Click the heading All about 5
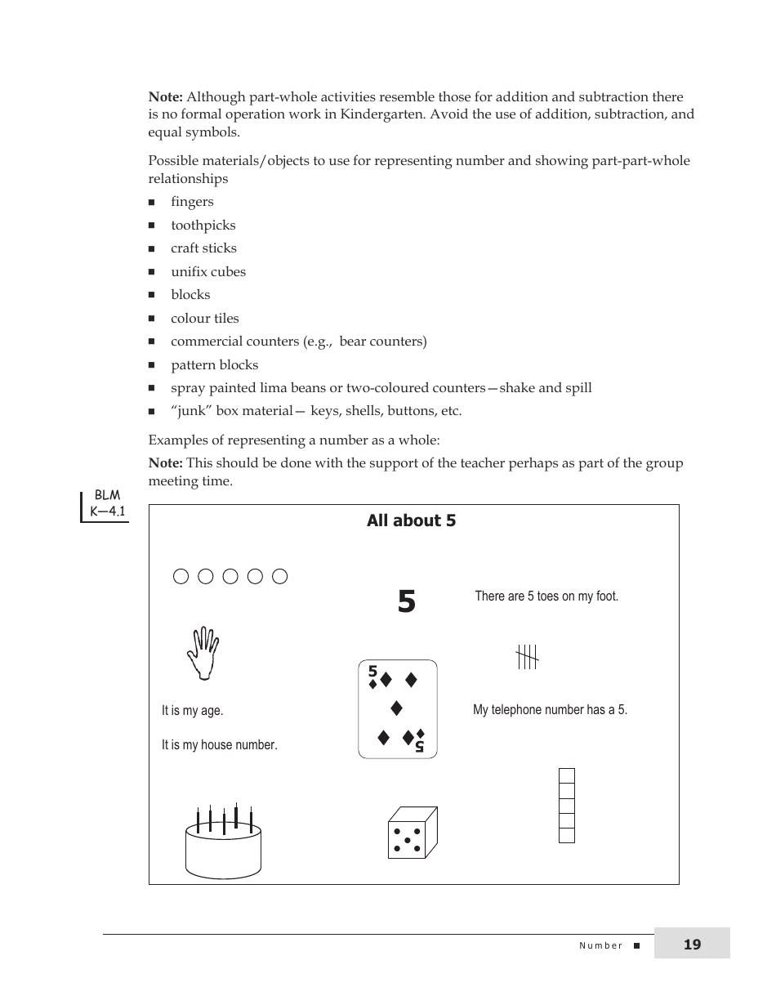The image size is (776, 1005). (x=411, y=521)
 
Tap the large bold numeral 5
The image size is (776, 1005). (x=407, y=603)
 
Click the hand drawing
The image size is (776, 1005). (x=203, y=653)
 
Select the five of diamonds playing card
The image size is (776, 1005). (x=398, y=709)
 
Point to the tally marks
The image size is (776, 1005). (x=528, y=656)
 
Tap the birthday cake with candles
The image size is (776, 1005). (x=223, y=846)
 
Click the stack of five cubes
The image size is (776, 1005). (x=566, y=806)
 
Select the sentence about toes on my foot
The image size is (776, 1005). (x=546, y=596)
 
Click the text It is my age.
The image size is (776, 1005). (x=193, y=711)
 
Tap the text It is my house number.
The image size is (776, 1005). (x=220, y=745)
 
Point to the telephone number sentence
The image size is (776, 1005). (x=550, y=710)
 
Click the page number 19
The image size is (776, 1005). (x=692, y=945)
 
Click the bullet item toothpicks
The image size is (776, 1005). (x=203, y=226)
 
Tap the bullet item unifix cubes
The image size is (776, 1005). (x=207, y=272)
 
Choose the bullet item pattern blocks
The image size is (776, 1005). (x=214, y=365)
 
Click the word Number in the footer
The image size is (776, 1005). (x=600, y=946)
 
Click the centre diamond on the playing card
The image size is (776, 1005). (x=397, y=708)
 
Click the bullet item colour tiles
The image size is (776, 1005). (x=204, y=319)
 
